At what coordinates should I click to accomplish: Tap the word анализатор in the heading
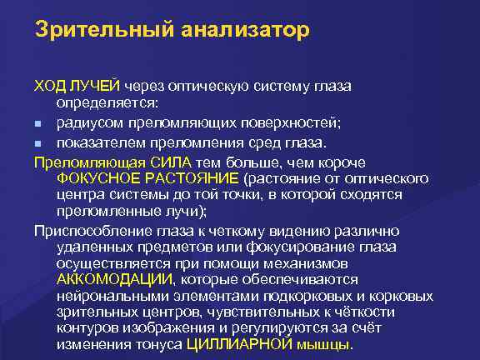(247, 30)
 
